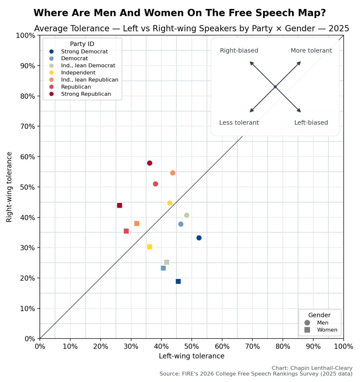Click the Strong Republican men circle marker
point(149,163)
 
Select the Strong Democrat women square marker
point(178,281)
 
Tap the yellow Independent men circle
point(170,203)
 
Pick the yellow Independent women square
point(149,247)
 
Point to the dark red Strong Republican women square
point(119,205)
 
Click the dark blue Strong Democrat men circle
point(199,238)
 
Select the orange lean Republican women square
point(137,223)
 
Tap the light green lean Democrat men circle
point(187,215)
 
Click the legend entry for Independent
point(78,73)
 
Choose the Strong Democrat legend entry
point(84,51)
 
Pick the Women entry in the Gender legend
point(327,330)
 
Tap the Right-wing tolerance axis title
point(9,187)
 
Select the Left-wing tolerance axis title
point(191,356)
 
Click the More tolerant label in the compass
point(311,50)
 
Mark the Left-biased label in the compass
point(311,123)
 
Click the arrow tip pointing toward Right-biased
point(251,62)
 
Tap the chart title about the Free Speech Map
point(180,13)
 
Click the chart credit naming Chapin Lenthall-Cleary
point(312,368)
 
